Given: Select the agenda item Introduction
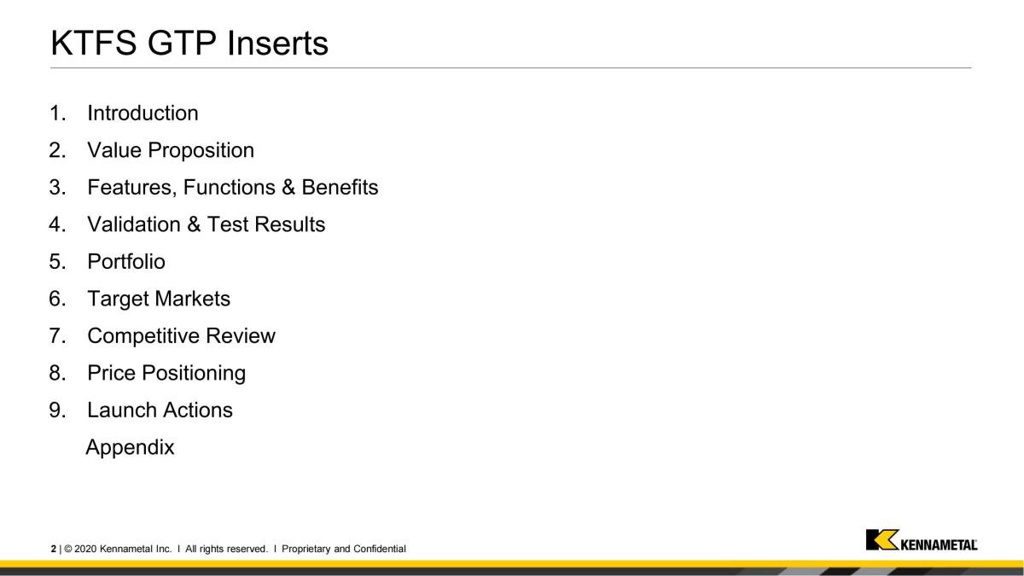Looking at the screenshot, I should tap(143, 113).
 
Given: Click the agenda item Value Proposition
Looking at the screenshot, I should tap(171, 150).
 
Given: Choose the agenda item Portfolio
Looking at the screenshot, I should tap(126, 262).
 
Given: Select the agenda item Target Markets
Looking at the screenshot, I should tap(159, 299).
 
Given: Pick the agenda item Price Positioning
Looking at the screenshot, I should tap(166, 373).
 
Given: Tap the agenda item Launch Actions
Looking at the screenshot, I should tap(160, 410).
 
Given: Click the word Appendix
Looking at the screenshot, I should tap(130, 447).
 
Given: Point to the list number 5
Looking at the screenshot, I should tap(57, 262).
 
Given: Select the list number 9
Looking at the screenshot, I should tap(57, 410).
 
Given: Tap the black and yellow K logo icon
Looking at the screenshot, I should tap(882, 540).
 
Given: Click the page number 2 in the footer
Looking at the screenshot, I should tap(54, 549).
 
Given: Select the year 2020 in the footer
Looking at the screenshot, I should tap(85, 549).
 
